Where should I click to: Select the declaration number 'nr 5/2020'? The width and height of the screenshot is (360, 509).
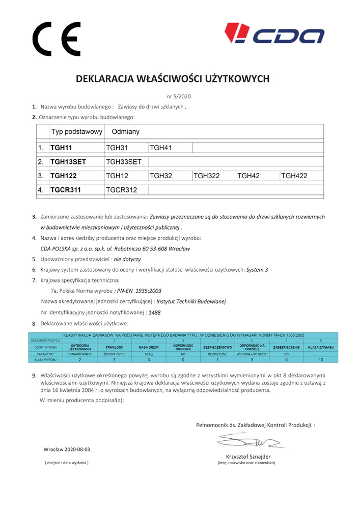tap(179, 96)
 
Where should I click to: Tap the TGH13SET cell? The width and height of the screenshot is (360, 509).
tap(68, 162)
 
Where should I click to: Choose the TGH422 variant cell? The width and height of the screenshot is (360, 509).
tap(294, 176)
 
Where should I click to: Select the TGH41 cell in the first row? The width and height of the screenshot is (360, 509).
tap(160, 148)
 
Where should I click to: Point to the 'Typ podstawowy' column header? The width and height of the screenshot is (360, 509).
tap(76, 132)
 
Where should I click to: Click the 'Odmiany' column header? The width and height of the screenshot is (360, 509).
tap(125, 132)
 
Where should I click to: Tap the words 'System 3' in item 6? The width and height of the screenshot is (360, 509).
tap(257, 269)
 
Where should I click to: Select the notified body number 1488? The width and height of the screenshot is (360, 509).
tap(154, 312)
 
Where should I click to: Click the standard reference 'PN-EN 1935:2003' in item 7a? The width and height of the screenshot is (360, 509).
tap(139, 291)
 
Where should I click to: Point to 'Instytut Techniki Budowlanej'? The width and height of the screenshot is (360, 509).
tap(184, 301)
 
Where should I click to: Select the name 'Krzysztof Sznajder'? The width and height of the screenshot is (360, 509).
tap(248, 456)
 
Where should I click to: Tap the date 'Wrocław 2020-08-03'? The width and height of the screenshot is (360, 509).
tap(67, 449)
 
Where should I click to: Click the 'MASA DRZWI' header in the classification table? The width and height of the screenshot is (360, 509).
tap(149, 347)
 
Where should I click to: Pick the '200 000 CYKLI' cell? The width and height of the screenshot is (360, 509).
tap(114, 353)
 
